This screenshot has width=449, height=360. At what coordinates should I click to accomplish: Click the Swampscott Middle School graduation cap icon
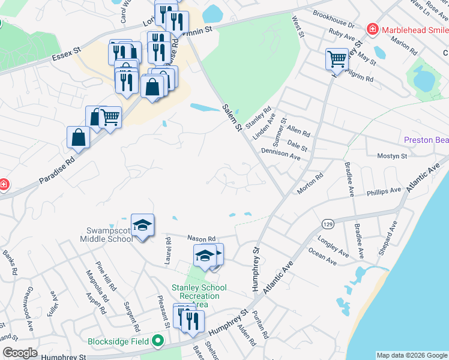[x=142, y=225]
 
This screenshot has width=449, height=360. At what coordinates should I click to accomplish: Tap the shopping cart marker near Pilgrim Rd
[x=337, y=59]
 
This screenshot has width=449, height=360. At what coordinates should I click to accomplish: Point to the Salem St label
[x=231, y=118]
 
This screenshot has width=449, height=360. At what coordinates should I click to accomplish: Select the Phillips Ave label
[x=385, y=191]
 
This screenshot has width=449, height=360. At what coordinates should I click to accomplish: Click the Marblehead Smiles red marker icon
[x=373, y=29]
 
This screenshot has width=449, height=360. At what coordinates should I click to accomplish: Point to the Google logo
[x=19, y=353]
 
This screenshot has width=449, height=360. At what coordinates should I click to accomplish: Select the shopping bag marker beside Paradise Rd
[x=78, y=137]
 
